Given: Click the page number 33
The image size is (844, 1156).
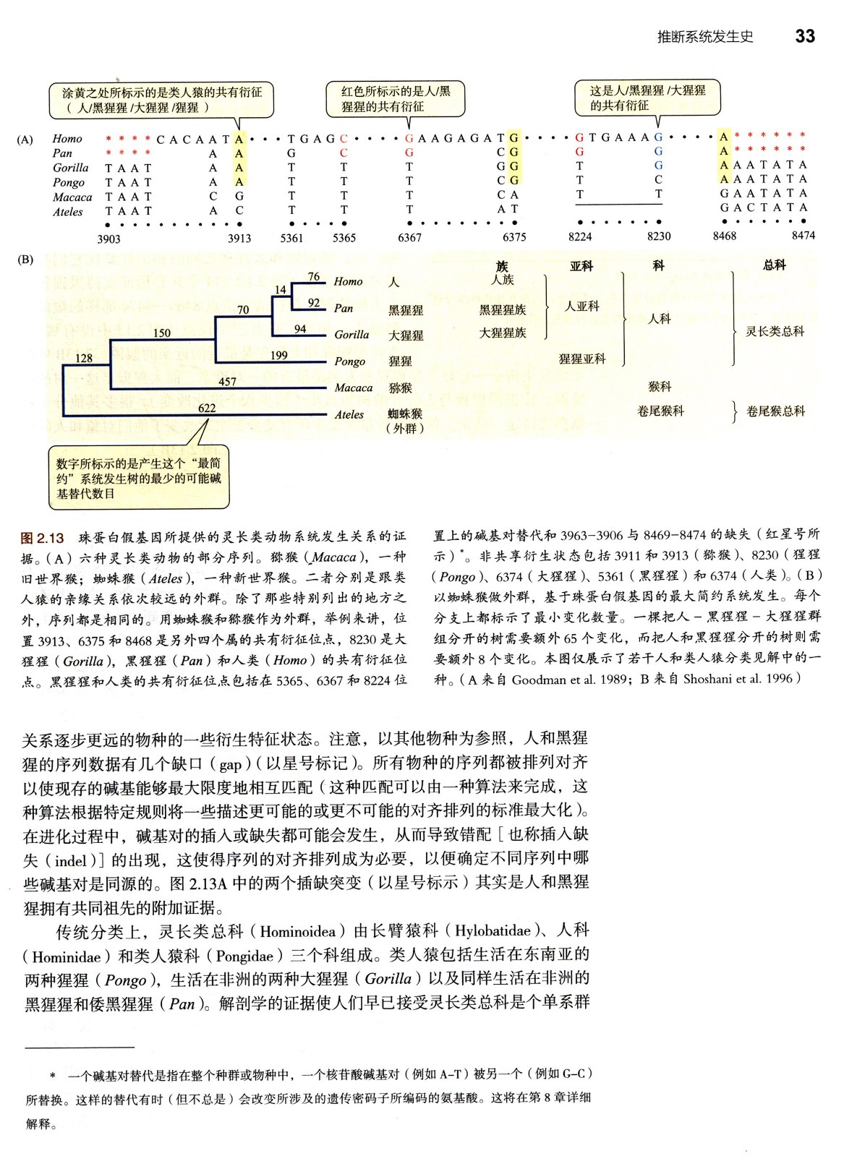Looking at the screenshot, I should tap(804, 37).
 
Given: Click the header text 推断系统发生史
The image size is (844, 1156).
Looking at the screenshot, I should tap(704, 37).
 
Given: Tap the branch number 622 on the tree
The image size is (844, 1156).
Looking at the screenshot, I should tap(207, 408).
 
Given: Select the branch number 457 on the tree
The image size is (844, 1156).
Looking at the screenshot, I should tap(227, 382).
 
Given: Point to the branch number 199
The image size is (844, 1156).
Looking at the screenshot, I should tap(278, 355).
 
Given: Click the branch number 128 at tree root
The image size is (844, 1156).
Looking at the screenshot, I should tap(84, 359).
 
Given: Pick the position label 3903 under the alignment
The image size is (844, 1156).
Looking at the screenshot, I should tap(108, 239).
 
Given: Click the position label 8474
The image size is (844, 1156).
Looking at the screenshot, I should tap(803, 235).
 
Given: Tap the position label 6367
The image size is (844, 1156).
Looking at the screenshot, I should tap(409, 237).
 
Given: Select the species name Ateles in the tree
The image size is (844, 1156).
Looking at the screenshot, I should tap(349, 414).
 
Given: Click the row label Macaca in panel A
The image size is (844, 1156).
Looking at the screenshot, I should tap(72, 197).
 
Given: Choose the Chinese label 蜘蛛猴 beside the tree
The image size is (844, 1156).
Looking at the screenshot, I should tap(405, 414).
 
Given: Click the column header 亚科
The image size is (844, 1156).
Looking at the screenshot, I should tap(581, 266).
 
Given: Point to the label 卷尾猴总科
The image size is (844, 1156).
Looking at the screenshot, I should tap(775, 411).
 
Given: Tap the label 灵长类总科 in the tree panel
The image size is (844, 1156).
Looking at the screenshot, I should tap(775, 332).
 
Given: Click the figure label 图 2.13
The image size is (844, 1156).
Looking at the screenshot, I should tap(43, 538).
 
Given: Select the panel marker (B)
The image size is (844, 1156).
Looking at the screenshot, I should tap(25, 259).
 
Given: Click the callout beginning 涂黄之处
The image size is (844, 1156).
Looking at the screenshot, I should tap(161, 100).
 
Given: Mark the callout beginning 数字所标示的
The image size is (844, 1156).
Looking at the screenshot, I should tap(138, 478).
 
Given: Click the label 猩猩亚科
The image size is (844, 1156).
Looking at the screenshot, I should tap(582, 359).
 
